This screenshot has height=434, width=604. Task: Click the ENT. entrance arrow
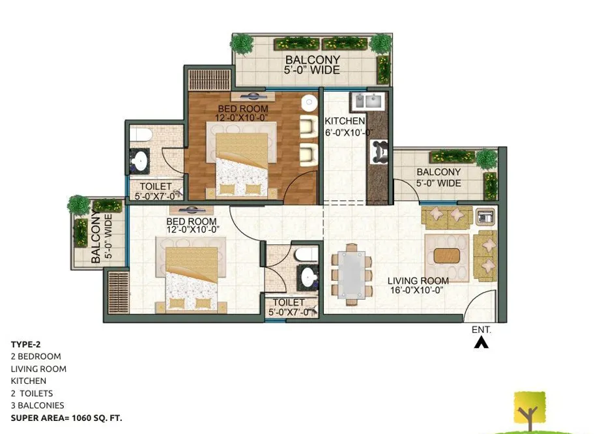(481, 342)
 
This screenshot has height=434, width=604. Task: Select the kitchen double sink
(367, 101)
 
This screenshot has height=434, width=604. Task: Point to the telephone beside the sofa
(485, 217)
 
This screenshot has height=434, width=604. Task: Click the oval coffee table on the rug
(447, 255)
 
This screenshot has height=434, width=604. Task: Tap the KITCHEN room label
(345, 121)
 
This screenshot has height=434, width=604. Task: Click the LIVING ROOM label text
(418, 281)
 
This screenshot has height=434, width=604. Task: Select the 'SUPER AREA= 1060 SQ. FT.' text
(66, 418)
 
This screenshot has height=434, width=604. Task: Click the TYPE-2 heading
(25, 344)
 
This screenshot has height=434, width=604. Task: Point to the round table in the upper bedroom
(309, 102)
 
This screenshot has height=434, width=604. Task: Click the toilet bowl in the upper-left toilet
(141, 134)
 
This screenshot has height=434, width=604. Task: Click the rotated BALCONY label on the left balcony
(96, 238)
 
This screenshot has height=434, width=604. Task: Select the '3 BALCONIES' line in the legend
(37, 405)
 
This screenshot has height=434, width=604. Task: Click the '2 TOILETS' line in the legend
(32, 393)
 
